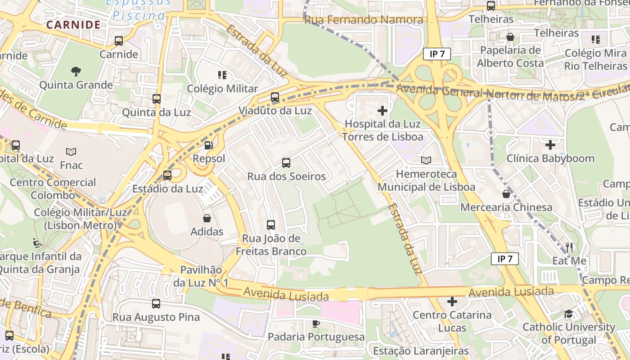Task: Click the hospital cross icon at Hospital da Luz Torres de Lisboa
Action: pyautogui.click(x=382, y=110)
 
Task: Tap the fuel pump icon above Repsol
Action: pyautogui.click(x=208, y=145)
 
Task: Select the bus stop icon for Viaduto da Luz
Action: pyautogui.click(x=275, y=97)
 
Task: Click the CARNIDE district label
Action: pyautogui.click(x=73, y=24)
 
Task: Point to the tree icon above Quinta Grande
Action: pyautogui.click(x=76, y=71)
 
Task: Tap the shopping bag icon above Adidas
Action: pyautogui.click(x=207, y=218)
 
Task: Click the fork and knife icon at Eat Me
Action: pyautogui.click(x=569, y=247)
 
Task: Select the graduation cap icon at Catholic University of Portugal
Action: pyautogui.click(x=569, y=314)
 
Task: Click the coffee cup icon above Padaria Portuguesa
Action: pyautogui.click(x=316, y=324)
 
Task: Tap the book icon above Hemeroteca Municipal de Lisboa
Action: pyautogui.click(x=426, y=160)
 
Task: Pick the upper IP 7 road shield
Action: pyautogui.click(x=436, y=54)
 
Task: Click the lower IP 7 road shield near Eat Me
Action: pyautogui.click(x=504, y=259)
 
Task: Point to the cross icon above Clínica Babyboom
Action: pyautogui.click(x=550, y=145)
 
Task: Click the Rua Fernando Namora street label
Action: pyautogui.click(x=364, y=20)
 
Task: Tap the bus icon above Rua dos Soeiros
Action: pyautogui.click(x=286, y=163)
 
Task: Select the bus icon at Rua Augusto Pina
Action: pyautogui.click(x=156, y=304)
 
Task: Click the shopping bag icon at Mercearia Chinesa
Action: pyautogui.click(x=506, y=194)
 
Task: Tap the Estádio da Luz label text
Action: pyautogui.click(x=167, y=189)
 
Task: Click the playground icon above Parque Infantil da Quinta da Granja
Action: pyautogui.click(x=38, y=243)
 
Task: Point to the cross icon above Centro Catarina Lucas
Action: pyautogui.click(x=452, y=301)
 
